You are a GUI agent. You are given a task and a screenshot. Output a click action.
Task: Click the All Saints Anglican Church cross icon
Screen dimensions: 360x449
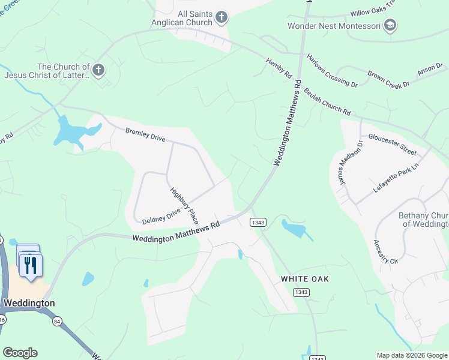[221, 17]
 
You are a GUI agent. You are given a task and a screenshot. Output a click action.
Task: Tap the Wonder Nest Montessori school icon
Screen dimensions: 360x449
[390, 26]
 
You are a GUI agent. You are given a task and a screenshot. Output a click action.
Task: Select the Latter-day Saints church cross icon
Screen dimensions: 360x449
[98, 71]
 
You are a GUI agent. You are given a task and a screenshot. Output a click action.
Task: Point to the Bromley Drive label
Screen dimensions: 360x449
[145, 134]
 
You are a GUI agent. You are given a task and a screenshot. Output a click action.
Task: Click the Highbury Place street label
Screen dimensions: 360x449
[184, 205]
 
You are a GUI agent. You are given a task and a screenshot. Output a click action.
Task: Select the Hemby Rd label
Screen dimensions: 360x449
[279, 68]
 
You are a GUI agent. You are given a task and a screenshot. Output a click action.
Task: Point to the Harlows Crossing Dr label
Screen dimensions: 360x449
[332, 71]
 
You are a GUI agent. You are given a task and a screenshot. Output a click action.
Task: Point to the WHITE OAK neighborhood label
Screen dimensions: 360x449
[305, 279]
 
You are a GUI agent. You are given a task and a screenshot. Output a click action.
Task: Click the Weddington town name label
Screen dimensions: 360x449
[29, 303]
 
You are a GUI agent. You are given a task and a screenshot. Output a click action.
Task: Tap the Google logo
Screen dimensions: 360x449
[20, 353]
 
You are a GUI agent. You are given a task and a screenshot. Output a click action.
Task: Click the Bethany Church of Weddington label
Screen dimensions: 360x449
[424, 220]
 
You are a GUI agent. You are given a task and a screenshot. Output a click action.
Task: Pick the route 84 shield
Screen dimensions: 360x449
[57, 322]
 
